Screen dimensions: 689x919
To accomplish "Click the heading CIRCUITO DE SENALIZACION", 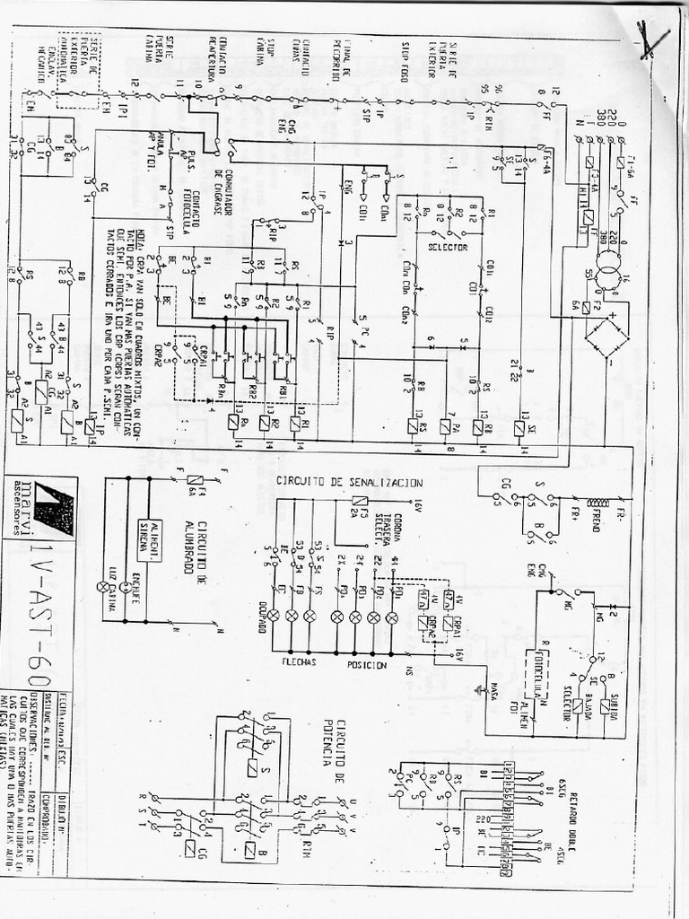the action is (349, 482).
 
